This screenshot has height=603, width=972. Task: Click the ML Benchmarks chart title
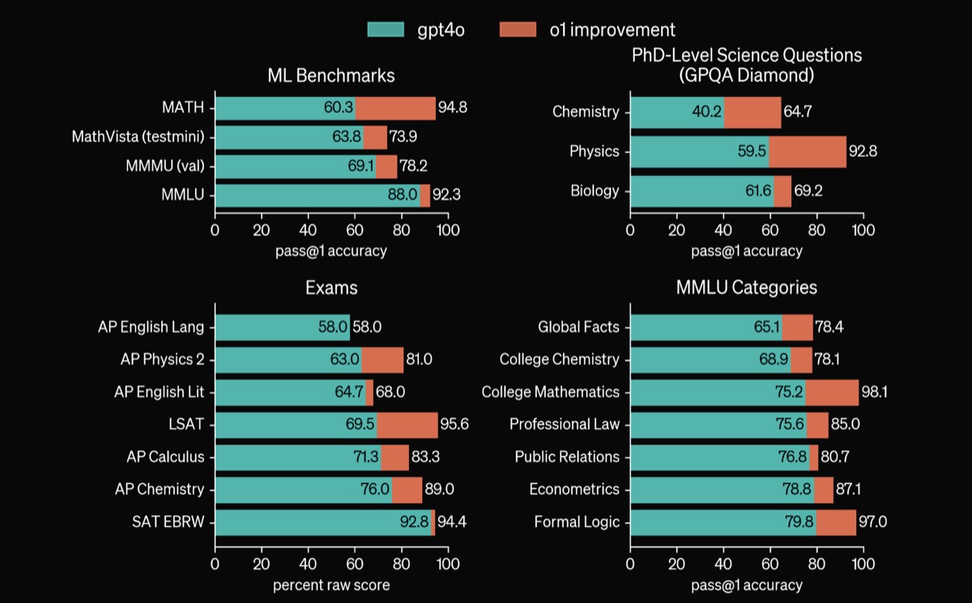pyautogui.click(x=331, y=76)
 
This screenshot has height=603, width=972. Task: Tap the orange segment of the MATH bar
pyautogui.click(x=395, y=108)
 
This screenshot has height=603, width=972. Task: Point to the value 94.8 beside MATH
pyautogui.click(x=454, y=108)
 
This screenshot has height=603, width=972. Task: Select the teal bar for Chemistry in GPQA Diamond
pyautogui.click(x=676, y=112)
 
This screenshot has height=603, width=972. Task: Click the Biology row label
pyautogui.click(x=595, y=191)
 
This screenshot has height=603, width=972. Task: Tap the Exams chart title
pyautogui.click(x=331, y=287)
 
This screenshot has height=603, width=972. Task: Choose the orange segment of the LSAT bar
pyautogui.click(x=407, y=425)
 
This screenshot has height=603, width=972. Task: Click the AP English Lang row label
pyautogui.click(x=151, y=327)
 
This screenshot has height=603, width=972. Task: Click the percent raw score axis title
pyautogui.click(x=331, y=585)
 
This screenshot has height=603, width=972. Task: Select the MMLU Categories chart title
pyautogui.click(x=747, y=287)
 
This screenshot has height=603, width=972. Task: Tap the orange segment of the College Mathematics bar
pyautogui.click(x=832, y=392)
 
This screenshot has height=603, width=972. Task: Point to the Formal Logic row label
pyautogui.click(x=577, y=522)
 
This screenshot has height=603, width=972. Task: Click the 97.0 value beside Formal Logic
pyautogui.click(x=873, y=522)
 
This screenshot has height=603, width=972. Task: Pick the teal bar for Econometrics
pyautogui.click(x=721, y=490)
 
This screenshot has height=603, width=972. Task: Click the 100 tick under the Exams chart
pyautogui.click(x=448, y=563)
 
